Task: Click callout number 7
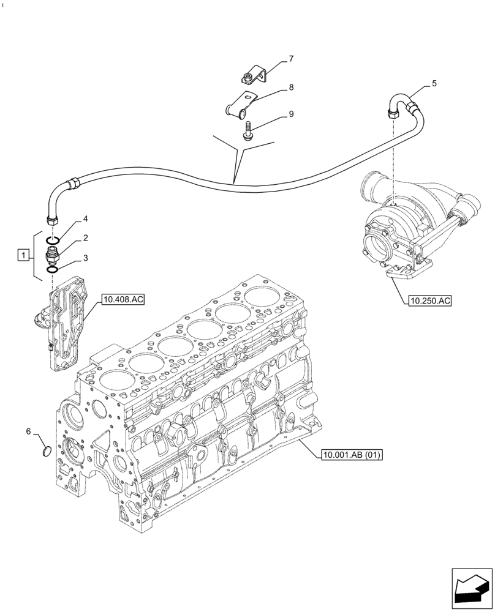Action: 291,59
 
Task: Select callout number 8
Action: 291,88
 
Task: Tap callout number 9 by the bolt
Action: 291,114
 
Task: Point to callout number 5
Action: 434,84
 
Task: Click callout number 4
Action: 86,218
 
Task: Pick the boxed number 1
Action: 23,255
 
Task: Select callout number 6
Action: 28,432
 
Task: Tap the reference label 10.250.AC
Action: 428,300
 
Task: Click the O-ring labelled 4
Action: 53,239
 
